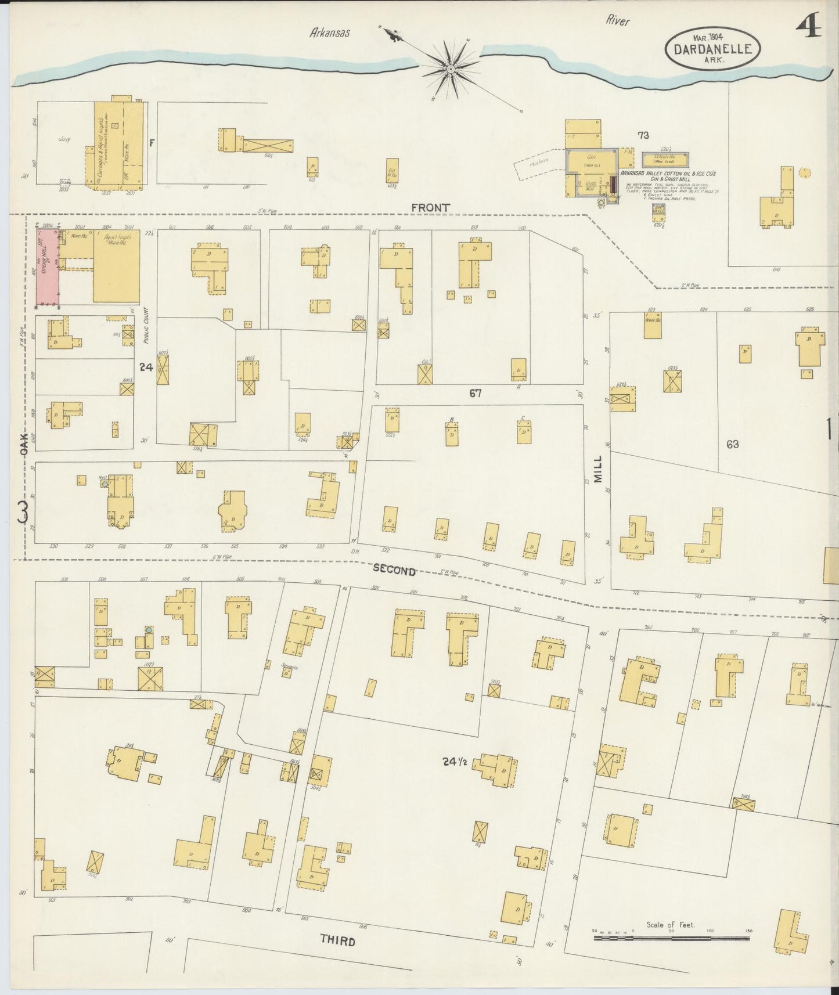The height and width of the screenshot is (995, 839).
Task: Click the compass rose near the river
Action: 450,69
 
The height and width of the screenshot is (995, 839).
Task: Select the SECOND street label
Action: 394,570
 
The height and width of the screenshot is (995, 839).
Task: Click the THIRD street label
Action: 337,941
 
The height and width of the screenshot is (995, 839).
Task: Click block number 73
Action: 643,135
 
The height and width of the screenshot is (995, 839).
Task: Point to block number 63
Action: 732,444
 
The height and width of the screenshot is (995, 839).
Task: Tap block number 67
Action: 476,393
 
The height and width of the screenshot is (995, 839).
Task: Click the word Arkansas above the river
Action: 330,34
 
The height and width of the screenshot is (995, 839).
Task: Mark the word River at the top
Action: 618,21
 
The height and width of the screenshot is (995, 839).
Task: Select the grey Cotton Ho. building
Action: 665,158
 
